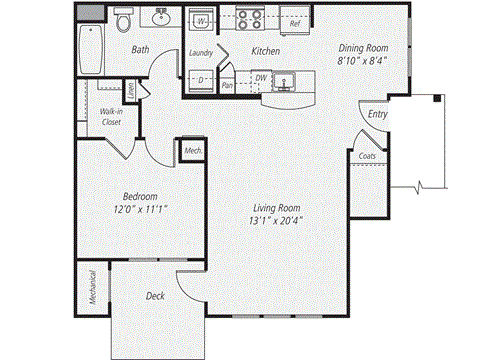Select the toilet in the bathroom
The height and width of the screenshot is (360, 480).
click(x=123, y=19)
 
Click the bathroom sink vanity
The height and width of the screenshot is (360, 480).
click(x=161, y=18)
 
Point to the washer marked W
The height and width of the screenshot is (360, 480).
click(x=201, y=21)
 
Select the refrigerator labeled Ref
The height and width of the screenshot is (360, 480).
click(x=294, y=21)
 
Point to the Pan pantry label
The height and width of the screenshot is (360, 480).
click(x=227, y=86)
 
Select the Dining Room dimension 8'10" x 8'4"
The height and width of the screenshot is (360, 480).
click(x=363, y=59)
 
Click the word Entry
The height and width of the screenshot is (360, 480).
click(x=378, y=115)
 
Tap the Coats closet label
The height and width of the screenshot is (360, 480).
click(x=367, y=156)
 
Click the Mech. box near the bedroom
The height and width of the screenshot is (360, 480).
click(x=192, y=151)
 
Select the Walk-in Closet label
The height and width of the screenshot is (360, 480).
click(x=112, y=119)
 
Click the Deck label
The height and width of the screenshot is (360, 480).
click(x=154, y=296)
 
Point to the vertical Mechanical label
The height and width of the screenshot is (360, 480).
click(x=92, y=288)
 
